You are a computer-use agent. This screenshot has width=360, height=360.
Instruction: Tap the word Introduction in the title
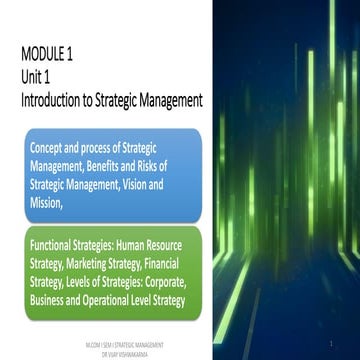pos(59,100)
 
